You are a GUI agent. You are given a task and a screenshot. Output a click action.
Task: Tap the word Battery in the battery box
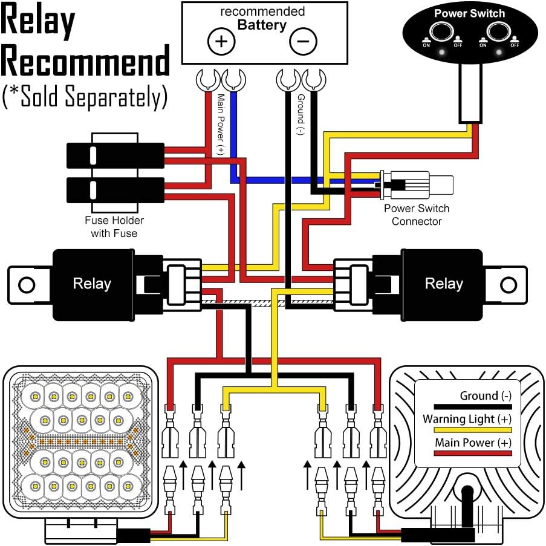coord(261,25)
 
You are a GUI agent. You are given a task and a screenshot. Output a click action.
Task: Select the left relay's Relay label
coord(92,284)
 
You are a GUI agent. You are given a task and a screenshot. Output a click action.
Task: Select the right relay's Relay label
coord(444,284)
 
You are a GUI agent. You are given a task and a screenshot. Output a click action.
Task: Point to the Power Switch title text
coord(469,13)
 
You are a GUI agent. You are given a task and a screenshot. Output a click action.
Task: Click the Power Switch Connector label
coord(417,215)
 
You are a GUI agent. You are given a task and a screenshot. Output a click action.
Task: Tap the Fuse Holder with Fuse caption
coord(114,227)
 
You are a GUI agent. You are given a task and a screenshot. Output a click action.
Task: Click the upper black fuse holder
coord(115,155)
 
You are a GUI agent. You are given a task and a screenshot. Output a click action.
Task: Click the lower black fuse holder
coord(115,190)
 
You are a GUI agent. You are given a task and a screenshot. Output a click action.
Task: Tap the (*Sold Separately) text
coord(85,97)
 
